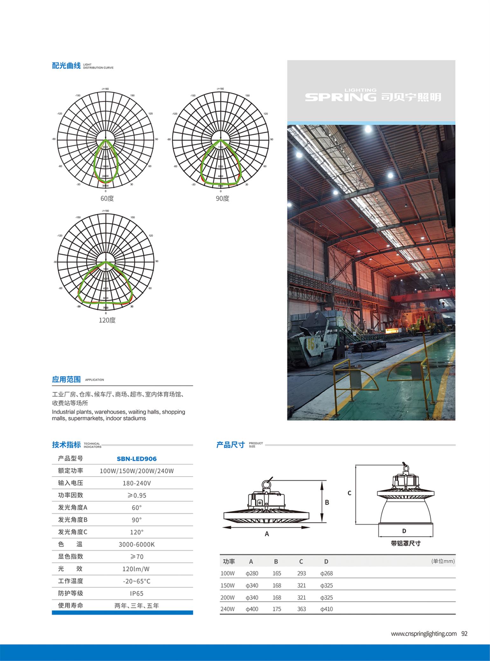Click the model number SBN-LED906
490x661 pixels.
[x=137, y=459]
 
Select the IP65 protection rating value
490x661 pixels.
[x=137, y=593]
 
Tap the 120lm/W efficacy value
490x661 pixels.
[x=136, y=569]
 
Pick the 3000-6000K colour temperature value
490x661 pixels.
[x=137, y=544]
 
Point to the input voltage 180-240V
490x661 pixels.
[x=137, y=483]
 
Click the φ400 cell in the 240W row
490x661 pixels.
[x=252, y=609]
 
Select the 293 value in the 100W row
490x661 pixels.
[x=301, y=573]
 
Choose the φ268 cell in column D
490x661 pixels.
[x=327, y=573]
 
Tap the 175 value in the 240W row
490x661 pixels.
[x=277, y=609]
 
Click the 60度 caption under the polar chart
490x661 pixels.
[x=107, y=198]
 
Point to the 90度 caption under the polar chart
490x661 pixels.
[x=222, y=198]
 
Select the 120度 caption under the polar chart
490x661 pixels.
[x=107, y=320]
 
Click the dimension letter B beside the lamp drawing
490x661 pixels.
[x=327, y=503]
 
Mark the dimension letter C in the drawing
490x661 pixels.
[x=349, y=493]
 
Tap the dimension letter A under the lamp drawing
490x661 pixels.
[x=267, y=534]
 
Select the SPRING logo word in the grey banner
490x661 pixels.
[x=340, y=97]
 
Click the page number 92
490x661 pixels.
[x=464, y=633]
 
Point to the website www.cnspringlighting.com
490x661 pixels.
[x=424, y=633]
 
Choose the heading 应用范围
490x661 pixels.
[x=66, y=379]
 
